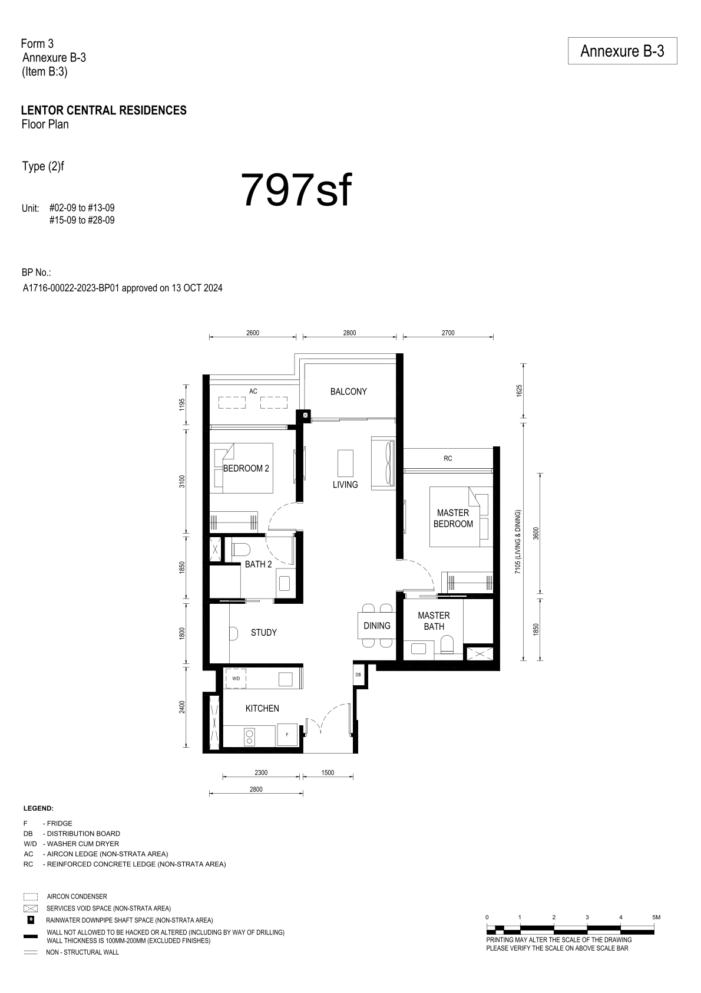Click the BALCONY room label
(348, 392)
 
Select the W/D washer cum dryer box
(236, 678)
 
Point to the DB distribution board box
(358, 674)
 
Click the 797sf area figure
(296, 190)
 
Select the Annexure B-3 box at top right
(622, 51)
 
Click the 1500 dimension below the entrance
(328, 772)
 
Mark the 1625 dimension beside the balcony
(519, 390)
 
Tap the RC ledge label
(448, 458)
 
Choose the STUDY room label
(263, 633)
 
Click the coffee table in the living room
(345, 463)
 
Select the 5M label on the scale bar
(656, 917)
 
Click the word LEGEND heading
(38, 808)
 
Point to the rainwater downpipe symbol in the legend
(31, 920)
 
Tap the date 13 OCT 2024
(197, 288)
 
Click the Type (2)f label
(43, 167)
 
